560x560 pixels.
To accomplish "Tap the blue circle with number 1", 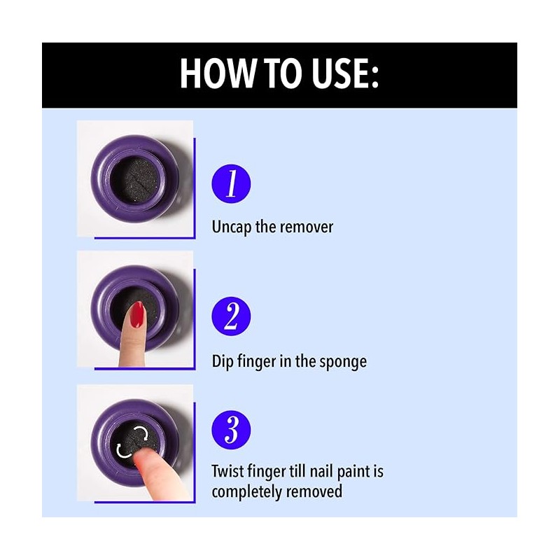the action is click(231, 184).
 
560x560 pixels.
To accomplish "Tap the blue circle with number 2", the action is click(231, 316).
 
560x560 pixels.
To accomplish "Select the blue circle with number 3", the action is click(231, 430).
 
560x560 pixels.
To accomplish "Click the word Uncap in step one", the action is click(232, 227).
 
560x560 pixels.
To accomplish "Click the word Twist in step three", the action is click(229, 471).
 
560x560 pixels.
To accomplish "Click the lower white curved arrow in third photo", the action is click(122, 451).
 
